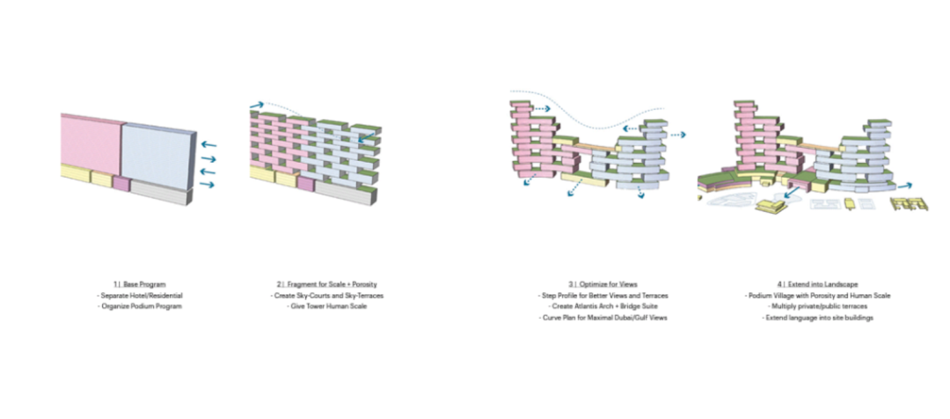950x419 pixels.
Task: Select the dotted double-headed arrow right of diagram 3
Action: click(x=675, y=135)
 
